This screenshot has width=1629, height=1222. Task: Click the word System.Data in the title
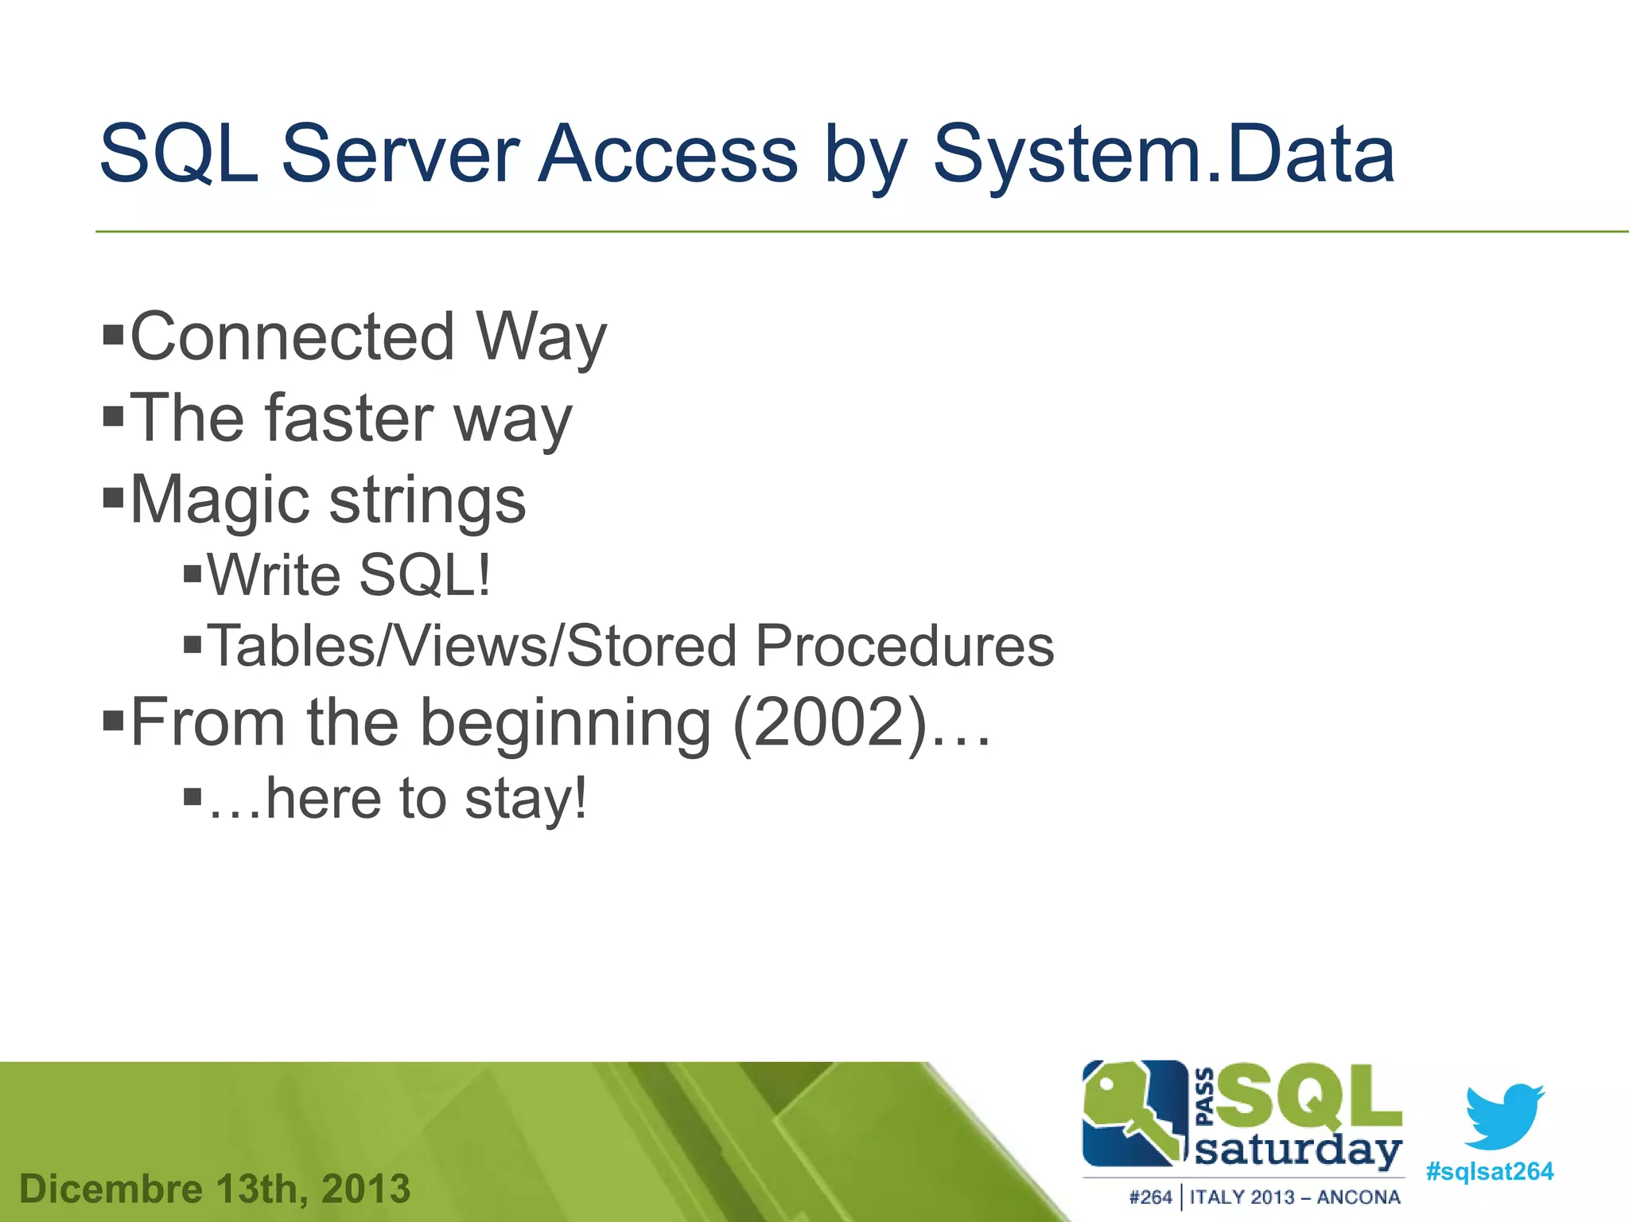[1163, 155]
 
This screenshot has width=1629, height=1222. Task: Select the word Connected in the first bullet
[292, 337]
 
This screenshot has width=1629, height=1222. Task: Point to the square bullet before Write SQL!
[192, 574]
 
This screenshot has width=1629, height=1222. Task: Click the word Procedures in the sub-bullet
[904, 646]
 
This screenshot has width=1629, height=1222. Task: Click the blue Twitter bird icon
[1504, 1115]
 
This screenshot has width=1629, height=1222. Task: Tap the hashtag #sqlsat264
[1489, 1171]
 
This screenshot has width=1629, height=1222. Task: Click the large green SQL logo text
[1308, 1098]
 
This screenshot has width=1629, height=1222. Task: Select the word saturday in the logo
[1297, 1151]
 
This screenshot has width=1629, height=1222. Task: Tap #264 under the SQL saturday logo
[1150, 1197]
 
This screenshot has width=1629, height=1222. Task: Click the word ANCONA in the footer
[1358, 1197]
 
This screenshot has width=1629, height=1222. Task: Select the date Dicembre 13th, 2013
[215, 1189]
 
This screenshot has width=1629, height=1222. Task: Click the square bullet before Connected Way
[114, 333]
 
